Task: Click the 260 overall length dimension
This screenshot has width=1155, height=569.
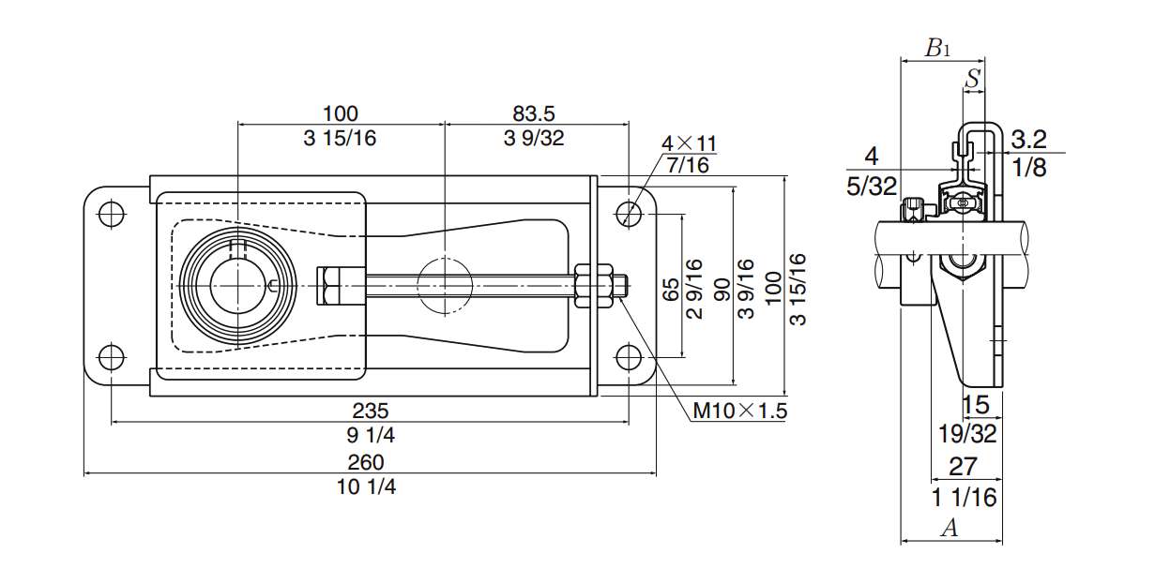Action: pos(366,462)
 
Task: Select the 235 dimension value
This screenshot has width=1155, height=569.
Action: pos(371,410)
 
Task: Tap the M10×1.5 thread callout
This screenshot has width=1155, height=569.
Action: pos(739,410)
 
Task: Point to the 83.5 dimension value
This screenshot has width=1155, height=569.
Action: pos(534,113)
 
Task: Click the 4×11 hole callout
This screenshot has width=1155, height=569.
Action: pos(689,143)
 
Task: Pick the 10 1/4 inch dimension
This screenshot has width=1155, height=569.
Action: pos(366,487)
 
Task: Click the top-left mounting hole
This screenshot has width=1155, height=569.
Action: pos(111,213)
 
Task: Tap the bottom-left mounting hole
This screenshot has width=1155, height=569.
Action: pos(111,356)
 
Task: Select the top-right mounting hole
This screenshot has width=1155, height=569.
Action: pos(629,213)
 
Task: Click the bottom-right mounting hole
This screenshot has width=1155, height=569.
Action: pos(629,356)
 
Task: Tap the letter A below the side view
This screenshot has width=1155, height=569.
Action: pos(950,529)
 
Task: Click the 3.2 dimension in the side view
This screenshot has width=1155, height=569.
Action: pos(1028,141)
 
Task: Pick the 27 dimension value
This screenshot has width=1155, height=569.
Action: pos(963,466)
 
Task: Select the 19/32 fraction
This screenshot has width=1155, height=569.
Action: pos(966,433)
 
